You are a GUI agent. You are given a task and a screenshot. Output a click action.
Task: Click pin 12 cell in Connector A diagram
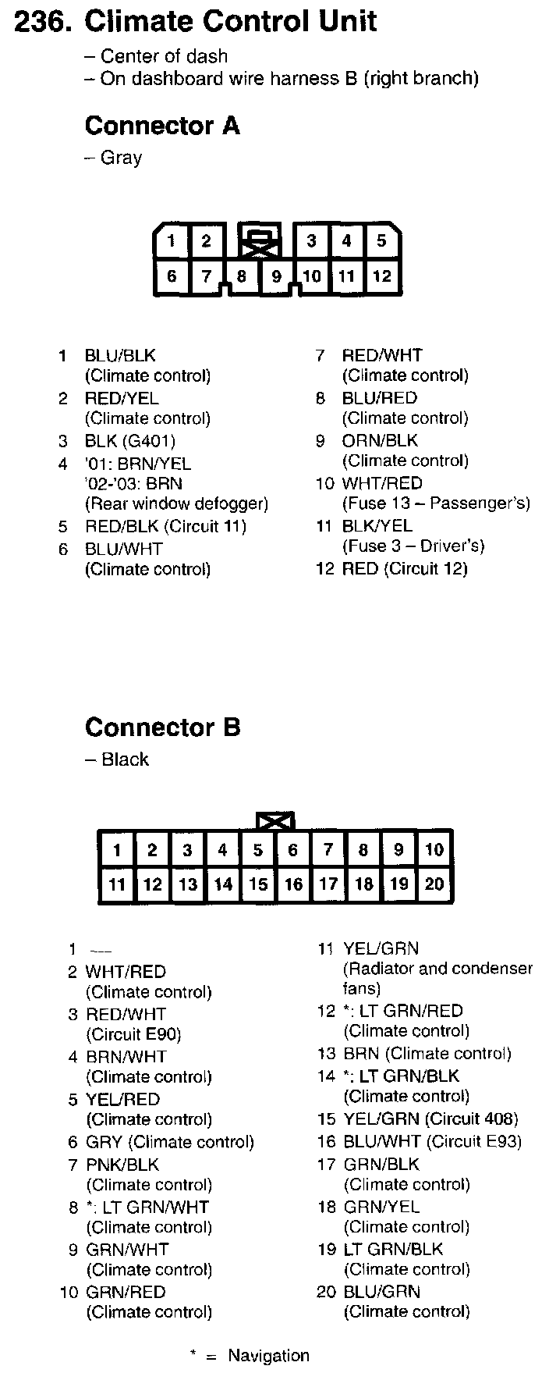pos(381,276)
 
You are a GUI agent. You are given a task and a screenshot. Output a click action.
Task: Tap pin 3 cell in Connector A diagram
pos(311,240)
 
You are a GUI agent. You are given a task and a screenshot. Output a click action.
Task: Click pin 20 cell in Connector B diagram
pos(434,884)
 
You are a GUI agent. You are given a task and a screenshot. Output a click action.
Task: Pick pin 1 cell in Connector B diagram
pos(117,849)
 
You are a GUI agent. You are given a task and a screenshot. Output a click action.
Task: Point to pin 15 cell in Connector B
pos(258,884)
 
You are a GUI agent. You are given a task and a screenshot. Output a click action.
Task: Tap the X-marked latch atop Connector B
pos(275,821)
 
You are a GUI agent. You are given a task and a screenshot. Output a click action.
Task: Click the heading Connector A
pos(162,126)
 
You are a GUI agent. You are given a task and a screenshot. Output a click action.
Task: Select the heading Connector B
pos(162,727)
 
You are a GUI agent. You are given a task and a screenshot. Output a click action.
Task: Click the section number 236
pos(45,21)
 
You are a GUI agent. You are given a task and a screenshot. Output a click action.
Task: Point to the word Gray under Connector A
pos(121,158)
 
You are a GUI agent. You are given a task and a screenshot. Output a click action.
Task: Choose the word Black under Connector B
pos(125,759)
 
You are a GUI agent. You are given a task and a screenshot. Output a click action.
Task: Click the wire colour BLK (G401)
pos(129,441)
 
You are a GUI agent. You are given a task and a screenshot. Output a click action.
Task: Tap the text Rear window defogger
pos(176,503)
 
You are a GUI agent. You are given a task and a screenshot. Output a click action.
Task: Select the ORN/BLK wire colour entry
pos(380,441)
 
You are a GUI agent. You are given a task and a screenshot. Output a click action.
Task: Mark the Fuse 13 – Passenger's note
pos(436,503)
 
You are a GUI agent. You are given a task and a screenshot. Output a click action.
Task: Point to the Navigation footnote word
pos(268,1356)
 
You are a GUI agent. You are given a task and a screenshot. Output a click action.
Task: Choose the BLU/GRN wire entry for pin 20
pos(381,1292)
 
